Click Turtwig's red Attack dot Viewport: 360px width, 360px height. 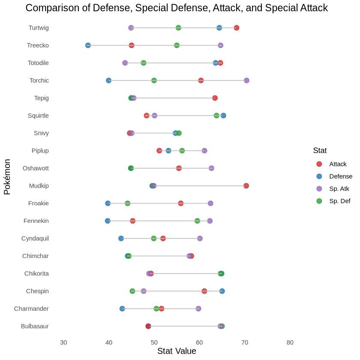point(237,28)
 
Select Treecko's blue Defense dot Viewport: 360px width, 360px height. point(88,45)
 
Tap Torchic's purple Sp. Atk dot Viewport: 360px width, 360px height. point(246,81)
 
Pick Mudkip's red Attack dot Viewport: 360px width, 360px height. point(246,186)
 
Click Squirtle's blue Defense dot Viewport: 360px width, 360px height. point(223,116)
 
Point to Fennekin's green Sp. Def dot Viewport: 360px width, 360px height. point(197,221)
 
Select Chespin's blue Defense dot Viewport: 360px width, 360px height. point(222,291)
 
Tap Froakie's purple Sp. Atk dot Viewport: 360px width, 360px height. point(210,203)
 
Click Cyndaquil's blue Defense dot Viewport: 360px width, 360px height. point(121,238)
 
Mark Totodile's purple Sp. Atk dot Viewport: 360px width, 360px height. point(125,63)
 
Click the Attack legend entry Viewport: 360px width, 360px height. point(338,164)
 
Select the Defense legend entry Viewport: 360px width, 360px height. point(340,176)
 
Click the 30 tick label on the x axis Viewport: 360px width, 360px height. point(63,342)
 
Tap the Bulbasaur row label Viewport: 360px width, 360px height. point(35,326)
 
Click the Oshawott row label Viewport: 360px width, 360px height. point(36,168)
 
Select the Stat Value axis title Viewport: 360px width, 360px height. point(177,351)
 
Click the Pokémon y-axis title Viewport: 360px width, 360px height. point(7,177)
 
